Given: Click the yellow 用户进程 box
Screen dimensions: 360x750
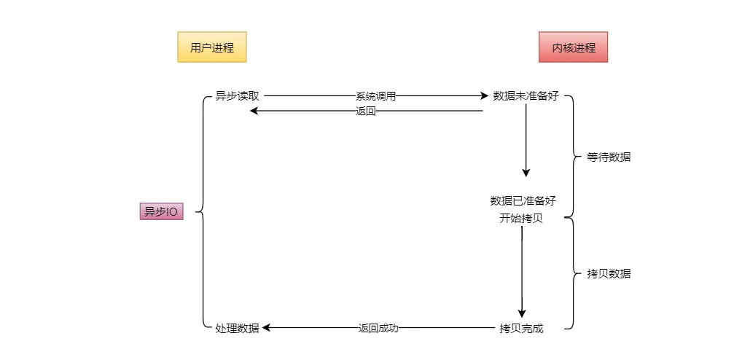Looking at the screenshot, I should pyautogui.click(x=212, y=48).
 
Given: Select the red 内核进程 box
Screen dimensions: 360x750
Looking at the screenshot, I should pyautogui.click(x=573, y=48).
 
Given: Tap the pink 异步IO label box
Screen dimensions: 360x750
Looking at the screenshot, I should pyautogui.click(x=161, y=212).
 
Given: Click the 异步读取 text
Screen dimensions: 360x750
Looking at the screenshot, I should pyautogui.click(x=237, y=96).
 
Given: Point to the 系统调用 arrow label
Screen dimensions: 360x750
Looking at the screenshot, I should pyautogui.click(x=375, y=96).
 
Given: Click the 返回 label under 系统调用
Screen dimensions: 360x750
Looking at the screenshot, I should pyautogui.click(x=366, y=111).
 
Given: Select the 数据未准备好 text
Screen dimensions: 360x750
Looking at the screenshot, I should pyautogui.click(x=526, y=96).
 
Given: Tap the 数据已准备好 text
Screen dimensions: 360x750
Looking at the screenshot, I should pyautogui.click(x=523, y=201).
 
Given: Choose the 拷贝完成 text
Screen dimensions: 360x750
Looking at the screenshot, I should pyautogui.click(x=521, y=329).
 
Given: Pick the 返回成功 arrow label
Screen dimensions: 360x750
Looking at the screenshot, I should pyautogui.click(x=378, y=329).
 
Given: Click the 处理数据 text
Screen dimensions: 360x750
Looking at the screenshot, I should pyautogui.click(x=237, y=329).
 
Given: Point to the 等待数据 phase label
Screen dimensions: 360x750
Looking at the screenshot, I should pyautogui.click(x=609, y=157).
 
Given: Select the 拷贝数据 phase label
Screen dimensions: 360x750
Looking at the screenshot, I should pyautogui.click(x=609, y=274).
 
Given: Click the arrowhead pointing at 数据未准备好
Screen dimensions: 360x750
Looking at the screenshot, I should pyautogui.click(x=484, y=96).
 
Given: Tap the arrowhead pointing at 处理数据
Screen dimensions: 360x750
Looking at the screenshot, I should pyautogui.click(x=267, y=329).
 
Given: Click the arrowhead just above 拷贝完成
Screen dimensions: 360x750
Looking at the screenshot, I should pyautogui.click(x=522, y=313).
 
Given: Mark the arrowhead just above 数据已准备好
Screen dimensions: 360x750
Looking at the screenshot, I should pyautogui.click(x=526, y=173).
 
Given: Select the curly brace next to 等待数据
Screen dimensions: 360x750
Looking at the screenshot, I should pyautogui.click(x=571, y=157).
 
